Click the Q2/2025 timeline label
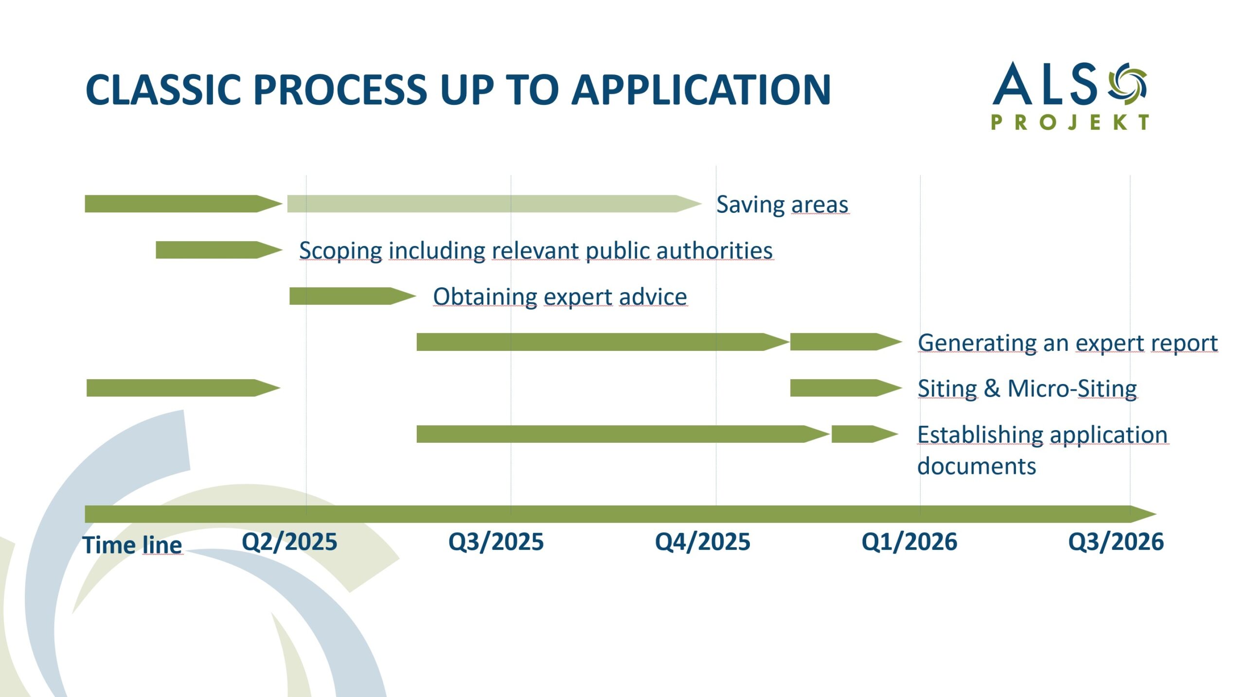(x=289, y=542)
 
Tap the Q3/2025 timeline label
(x=496, y=542)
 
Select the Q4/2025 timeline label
(x=703, y=542)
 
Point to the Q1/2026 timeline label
(x=909, y=542)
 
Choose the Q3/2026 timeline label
(x=1116, y=542)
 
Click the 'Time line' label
(x=132, y=545)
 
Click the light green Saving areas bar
(x=494, y=204)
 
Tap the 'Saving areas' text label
(x=783, y=205)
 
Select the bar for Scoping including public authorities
(x=219, y=250)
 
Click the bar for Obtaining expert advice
(x=353, y=296)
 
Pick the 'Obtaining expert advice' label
(x=560, y=296)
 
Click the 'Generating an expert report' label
(x=1068, y=343)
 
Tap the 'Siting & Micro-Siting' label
(x=1027, y=389)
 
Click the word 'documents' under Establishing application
(x=977, y=466)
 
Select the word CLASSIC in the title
(x=163, y=90)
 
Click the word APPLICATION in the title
(x=701, y=90)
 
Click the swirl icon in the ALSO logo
(x=1127, y=84)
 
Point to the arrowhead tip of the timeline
(x=1156, y=514)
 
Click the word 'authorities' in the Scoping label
(x=714, y=251)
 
